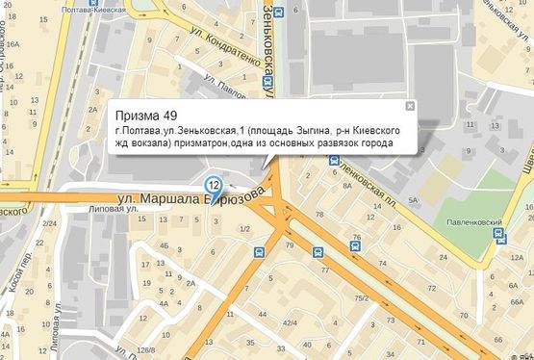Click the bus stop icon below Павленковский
498,232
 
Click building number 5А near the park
413,199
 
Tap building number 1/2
244,228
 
